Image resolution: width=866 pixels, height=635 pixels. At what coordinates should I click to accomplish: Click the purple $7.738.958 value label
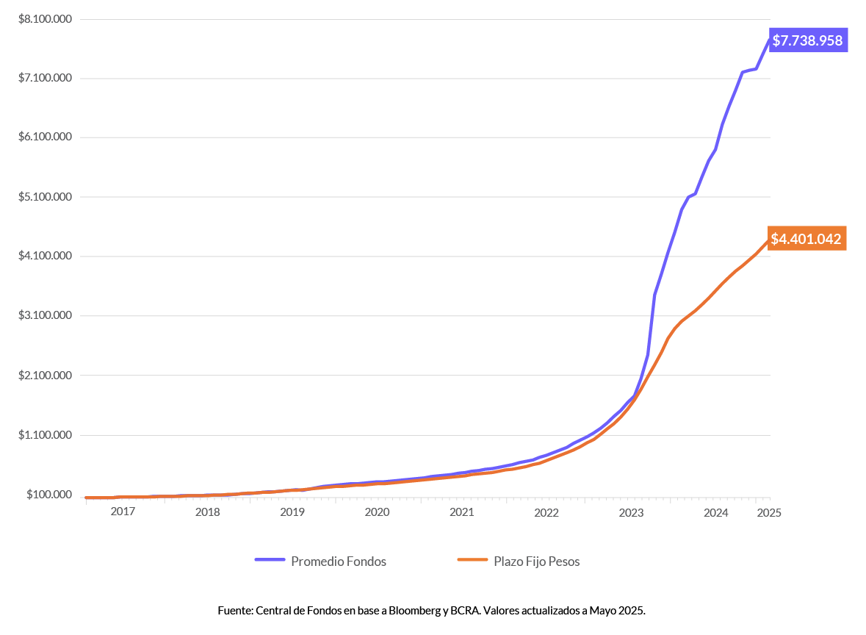point(807,40)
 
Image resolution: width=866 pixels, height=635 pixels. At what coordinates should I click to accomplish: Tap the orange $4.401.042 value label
point(807,239)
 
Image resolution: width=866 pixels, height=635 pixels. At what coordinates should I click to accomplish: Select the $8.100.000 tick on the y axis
point(46,18)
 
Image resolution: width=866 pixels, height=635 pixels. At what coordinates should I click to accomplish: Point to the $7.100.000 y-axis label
point(46,78)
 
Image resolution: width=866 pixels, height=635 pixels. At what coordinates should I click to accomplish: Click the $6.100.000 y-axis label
point(46,137)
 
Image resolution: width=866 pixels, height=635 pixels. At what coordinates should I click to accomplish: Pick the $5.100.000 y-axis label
point(46,197)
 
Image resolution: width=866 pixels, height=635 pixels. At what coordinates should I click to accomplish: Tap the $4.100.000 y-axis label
point(46,256)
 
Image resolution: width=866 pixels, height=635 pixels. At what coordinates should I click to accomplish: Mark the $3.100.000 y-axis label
point(46,316)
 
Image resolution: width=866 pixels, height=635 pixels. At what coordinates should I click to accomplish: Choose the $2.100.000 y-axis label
point(46,376)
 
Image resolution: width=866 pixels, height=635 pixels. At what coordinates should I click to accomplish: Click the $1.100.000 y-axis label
point(46,435)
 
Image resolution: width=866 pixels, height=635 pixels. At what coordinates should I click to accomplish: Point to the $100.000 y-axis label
point(48,495)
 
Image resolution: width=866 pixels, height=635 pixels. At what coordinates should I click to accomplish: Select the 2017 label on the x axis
point(123,512)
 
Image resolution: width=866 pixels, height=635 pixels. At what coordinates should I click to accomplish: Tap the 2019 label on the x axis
point(292,512)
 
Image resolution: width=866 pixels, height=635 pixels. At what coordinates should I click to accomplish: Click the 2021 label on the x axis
point(461,512)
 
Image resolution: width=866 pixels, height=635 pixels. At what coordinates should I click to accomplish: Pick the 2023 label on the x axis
point(631,512)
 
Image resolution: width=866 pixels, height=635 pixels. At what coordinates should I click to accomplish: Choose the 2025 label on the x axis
point(768,512)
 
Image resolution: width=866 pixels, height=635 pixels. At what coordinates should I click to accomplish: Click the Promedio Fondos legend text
point(339,562)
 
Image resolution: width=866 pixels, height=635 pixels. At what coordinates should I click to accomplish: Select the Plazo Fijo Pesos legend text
point(536,562)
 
